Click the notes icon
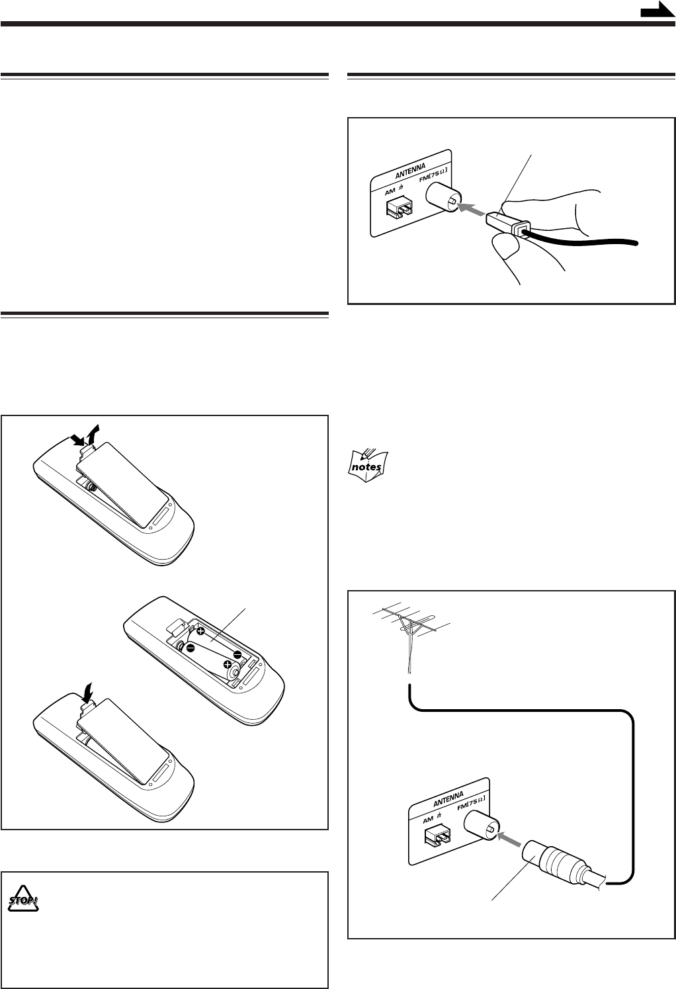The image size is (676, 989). pos(368,466)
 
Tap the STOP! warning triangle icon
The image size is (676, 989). pos(23,900)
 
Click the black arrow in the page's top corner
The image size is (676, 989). pos(657,10)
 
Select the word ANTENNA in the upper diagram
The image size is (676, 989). pos(410,170)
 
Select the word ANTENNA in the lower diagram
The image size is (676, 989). pos(448,798)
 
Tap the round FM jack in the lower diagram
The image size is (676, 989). pos(482,826)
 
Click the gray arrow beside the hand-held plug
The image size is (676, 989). pos(472,209)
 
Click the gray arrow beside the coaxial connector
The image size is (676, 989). pos(510,838)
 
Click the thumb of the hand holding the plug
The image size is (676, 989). pos(505,246)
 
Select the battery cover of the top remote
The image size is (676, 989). pos(122,484)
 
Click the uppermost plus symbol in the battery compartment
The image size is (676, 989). pos(201,631)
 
